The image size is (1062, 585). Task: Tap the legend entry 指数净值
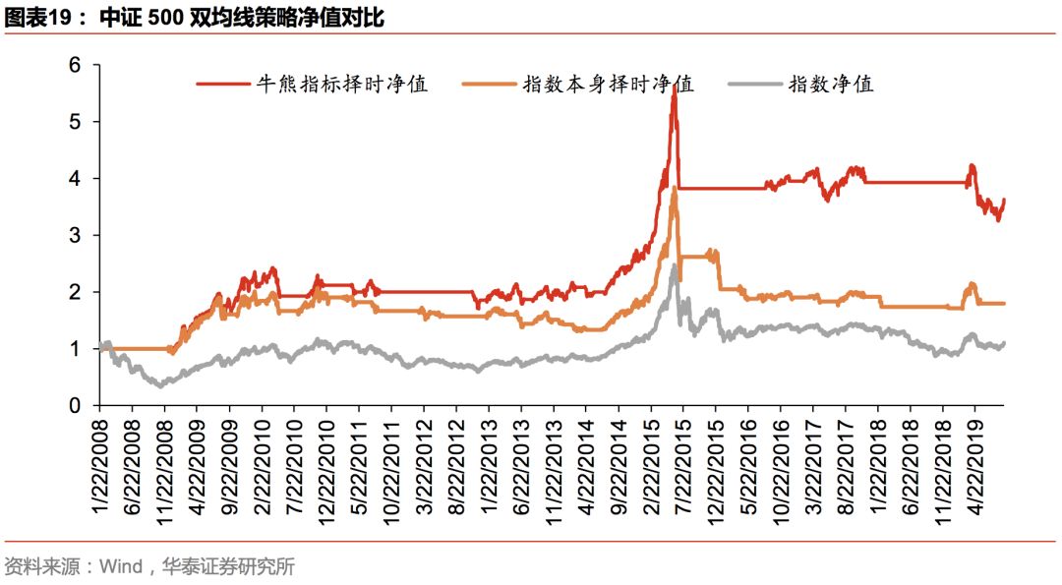coord(831,84)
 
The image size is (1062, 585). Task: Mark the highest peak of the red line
coord(675,88)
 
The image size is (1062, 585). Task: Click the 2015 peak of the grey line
coord(675,264)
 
